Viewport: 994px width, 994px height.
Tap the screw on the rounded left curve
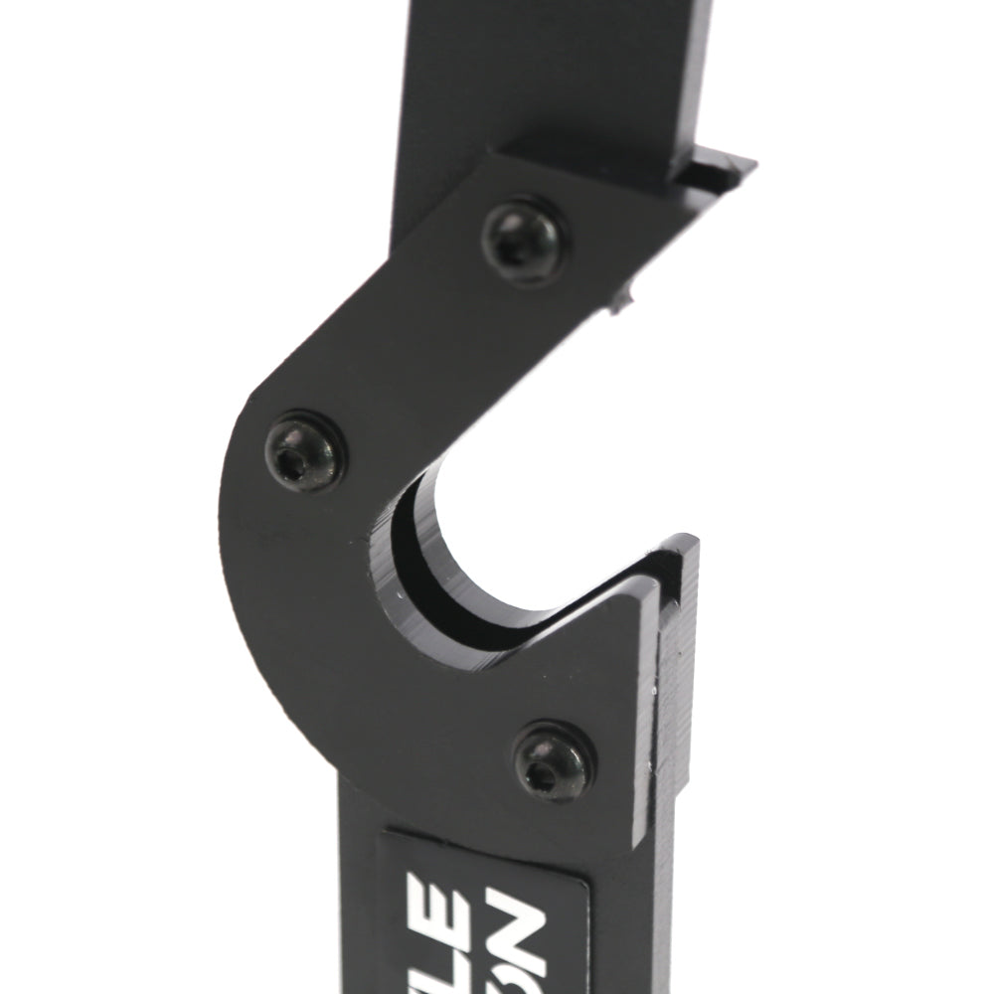(x=306, y=452)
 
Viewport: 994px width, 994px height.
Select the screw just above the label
(x=556, y=762)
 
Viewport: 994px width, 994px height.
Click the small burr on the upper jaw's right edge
(x=623, y=296)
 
